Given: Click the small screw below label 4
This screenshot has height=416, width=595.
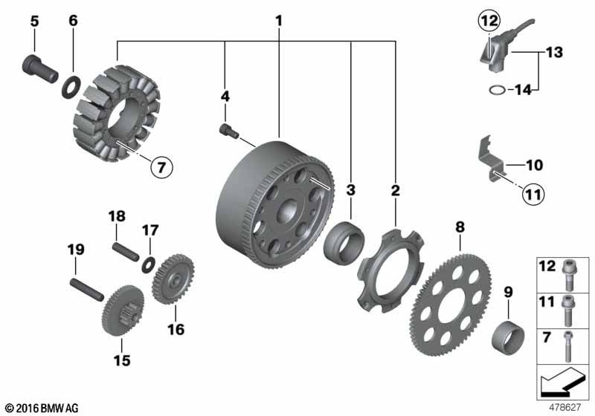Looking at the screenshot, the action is point(229,131).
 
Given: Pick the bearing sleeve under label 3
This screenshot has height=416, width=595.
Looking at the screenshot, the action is point(344,244).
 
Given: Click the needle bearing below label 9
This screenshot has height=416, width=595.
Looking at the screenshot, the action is point(508,337).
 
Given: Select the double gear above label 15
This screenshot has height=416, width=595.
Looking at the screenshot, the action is point(122,311).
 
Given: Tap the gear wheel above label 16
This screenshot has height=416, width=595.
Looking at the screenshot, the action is point(173,279).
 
